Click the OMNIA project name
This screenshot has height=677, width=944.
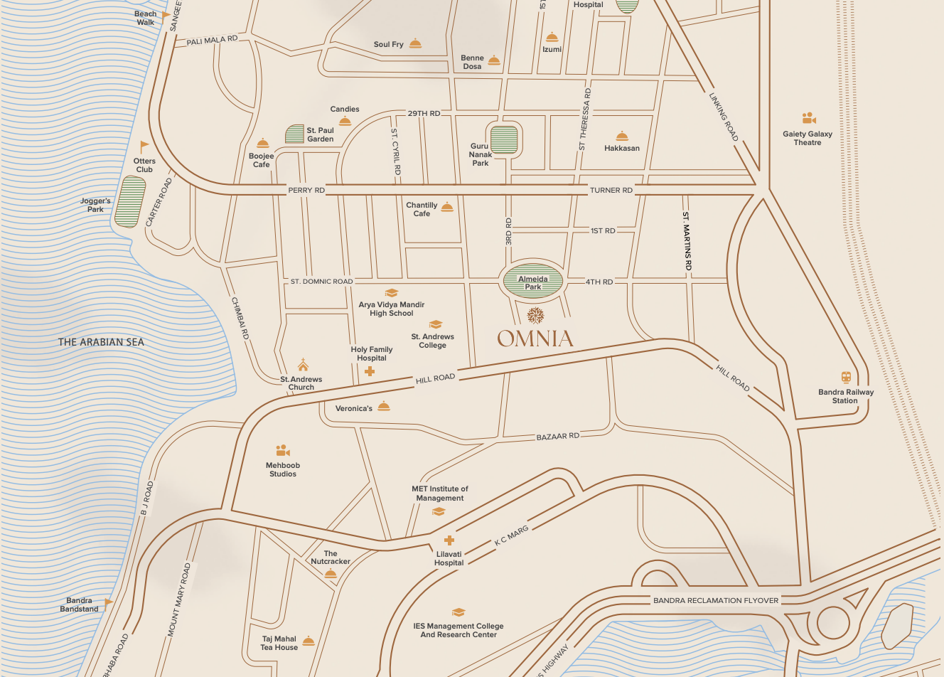(x=535, y=338)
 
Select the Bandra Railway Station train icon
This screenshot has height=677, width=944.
(x=846, y=378)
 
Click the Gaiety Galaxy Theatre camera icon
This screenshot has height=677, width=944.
(x=808, y=118)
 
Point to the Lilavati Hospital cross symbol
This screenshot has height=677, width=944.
(x=449, y=540)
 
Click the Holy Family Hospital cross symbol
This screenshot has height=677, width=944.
(x=370, y=371)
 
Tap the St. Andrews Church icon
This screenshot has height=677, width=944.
(x=303, y=365)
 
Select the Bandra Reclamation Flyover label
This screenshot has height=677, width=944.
(x=715, y=600)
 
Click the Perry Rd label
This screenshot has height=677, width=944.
(x=306, y=190)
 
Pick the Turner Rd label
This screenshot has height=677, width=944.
(x=611, y=190)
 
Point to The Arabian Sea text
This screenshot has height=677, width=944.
(x=101, y=342)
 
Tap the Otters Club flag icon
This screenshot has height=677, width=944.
(x=144, y=147)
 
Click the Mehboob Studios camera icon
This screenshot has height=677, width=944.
(x=283, y=451)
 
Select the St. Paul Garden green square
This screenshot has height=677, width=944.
(x=294, y=134)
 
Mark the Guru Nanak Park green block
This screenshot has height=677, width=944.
(x=504, y=139)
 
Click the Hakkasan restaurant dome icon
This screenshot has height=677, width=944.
(x=622, y=136)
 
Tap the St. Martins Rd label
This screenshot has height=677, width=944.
(x=687, y=241)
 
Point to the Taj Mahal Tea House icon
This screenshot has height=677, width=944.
(x=308, y=641)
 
